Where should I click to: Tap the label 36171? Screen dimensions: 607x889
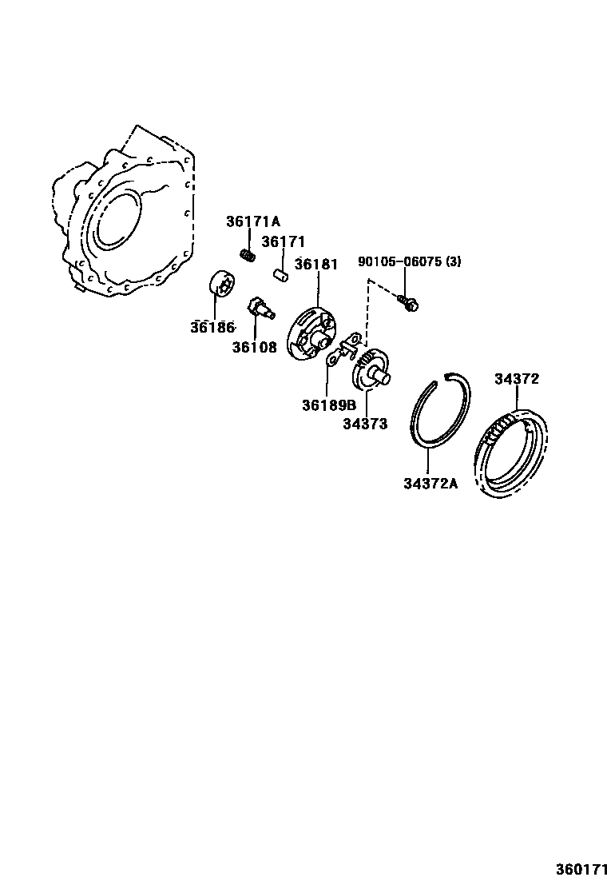[x=283, y=241]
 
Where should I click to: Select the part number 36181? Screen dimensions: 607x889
[x=316, y=264]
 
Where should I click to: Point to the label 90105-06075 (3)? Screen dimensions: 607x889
[x=409, y=261]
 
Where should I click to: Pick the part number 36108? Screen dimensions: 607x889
[x=255, y=347]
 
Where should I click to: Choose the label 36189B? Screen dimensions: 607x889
[x=328, y=405]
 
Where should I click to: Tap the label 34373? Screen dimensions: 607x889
[x=365, y=424]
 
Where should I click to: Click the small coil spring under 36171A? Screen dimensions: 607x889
[x=248, y=255]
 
